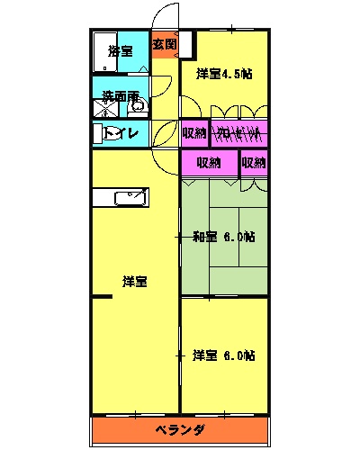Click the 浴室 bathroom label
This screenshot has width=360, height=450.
tap(120, 50)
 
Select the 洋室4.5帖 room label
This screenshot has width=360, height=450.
tap(224, 74)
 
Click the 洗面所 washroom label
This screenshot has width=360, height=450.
tap(120, 95)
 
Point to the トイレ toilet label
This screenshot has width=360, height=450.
tap(121, 134)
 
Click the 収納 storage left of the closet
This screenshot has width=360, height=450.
tap(194, 133)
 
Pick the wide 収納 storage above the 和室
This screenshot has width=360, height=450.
tap(209, 162)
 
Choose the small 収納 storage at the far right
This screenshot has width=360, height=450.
tap(254, 162)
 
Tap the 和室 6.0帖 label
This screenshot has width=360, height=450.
tap(224, 238)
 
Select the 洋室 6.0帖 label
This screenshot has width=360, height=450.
tap(224, 355)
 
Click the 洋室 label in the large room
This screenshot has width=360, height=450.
tap(135, 282)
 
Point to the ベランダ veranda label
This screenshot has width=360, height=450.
tap(180, 429)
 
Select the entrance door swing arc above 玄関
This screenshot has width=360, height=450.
tap(164, 18)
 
